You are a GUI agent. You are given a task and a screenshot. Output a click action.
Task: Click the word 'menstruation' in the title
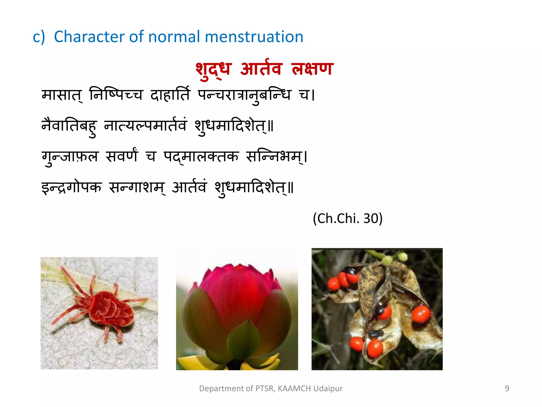[x=254, y=37]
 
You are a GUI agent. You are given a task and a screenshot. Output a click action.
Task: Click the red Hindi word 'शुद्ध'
[x=213, y=69]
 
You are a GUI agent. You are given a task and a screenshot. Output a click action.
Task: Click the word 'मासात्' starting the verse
[x=62, y=95]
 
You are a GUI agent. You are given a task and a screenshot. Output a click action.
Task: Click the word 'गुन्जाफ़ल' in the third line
[x=70, y=157]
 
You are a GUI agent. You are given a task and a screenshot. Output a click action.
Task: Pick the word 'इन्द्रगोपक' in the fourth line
[x=71, y=188]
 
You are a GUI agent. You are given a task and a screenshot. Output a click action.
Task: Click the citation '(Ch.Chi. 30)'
[x=347, y=219]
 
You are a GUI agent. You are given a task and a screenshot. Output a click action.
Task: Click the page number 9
[x=507, y=388]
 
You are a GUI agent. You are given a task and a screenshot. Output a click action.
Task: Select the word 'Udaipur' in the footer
[x=328, y=388]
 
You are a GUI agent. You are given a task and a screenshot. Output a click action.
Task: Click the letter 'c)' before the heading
[x=39, y=37]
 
